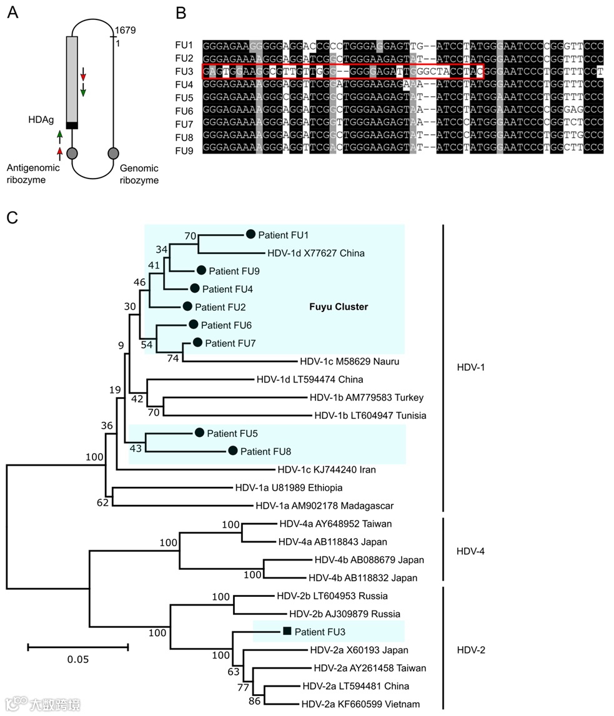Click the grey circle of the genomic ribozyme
(x=113, y=153)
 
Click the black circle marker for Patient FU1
(x=250, y=235)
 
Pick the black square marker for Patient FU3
(x=287, y=631)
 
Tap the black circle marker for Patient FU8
(x=233, y=451)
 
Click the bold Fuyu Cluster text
(x=339, y=307)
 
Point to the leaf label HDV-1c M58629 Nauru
(x=349, y=361)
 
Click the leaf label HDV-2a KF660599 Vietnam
(x=360, y=704)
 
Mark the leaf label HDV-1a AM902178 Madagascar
(x=325, y=506)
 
